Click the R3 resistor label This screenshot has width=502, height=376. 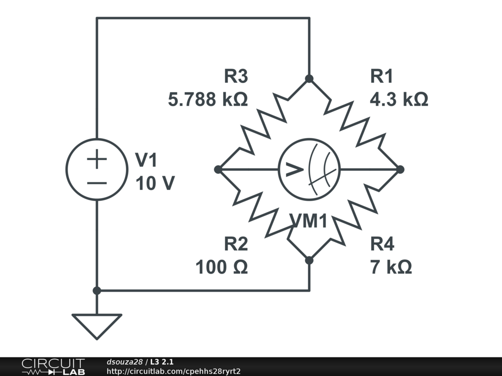(x=236, y=76)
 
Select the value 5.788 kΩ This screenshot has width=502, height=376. (x=207, y=100)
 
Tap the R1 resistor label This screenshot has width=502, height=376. (x=382, y=76)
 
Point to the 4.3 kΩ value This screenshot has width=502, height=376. (x=399, y=100)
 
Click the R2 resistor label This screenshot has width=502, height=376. (x=236, y=244)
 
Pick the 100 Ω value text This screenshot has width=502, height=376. (x=222, y=267)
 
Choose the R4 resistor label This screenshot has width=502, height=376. (x=382, y=244)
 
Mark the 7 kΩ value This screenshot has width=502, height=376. (x=391, y=267)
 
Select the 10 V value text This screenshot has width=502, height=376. (x=154, y=184)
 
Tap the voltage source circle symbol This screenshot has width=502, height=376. (x=97, y=169)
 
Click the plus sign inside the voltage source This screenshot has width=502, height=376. (x=97, y=159)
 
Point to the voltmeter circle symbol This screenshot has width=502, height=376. (x=309, y=169)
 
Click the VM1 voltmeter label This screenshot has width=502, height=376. (x=309, y=221)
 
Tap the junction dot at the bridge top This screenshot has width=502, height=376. (x=309, y=78)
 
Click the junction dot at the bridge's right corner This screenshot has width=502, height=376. (x=400, y=169)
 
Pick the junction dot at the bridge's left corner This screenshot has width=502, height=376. (x=218, y=169)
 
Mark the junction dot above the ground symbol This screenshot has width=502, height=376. (x=97, y=290)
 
